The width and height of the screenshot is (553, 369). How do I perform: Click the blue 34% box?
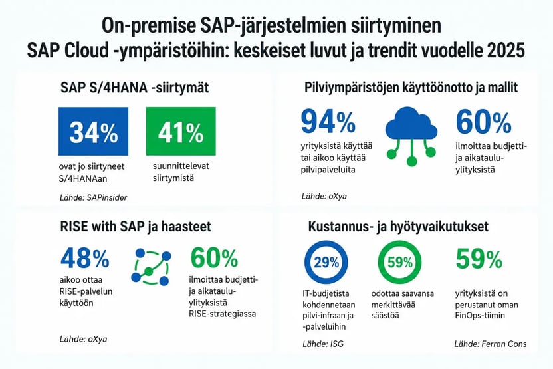93,131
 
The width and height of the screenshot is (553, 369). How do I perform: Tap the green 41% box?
181,131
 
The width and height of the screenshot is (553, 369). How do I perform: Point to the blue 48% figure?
85,258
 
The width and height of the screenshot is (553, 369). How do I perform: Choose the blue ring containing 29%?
326,262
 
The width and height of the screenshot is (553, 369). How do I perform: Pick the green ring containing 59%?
400,262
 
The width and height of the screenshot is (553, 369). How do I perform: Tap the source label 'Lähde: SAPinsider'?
93,197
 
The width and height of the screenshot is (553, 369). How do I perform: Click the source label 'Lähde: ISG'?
323,344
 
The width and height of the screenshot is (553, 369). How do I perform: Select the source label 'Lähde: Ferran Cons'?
491,344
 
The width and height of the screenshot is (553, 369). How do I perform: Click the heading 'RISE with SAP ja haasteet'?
136,227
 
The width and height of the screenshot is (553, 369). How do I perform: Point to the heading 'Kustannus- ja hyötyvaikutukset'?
399,227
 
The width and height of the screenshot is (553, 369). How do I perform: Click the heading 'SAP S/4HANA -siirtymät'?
134,88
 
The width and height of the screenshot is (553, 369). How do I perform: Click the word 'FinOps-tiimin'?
480,315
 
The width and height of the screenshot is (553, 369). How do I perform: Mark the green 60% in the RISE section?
215,258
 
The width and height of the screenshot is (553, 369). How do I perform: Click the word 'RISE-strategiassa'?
222,314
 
